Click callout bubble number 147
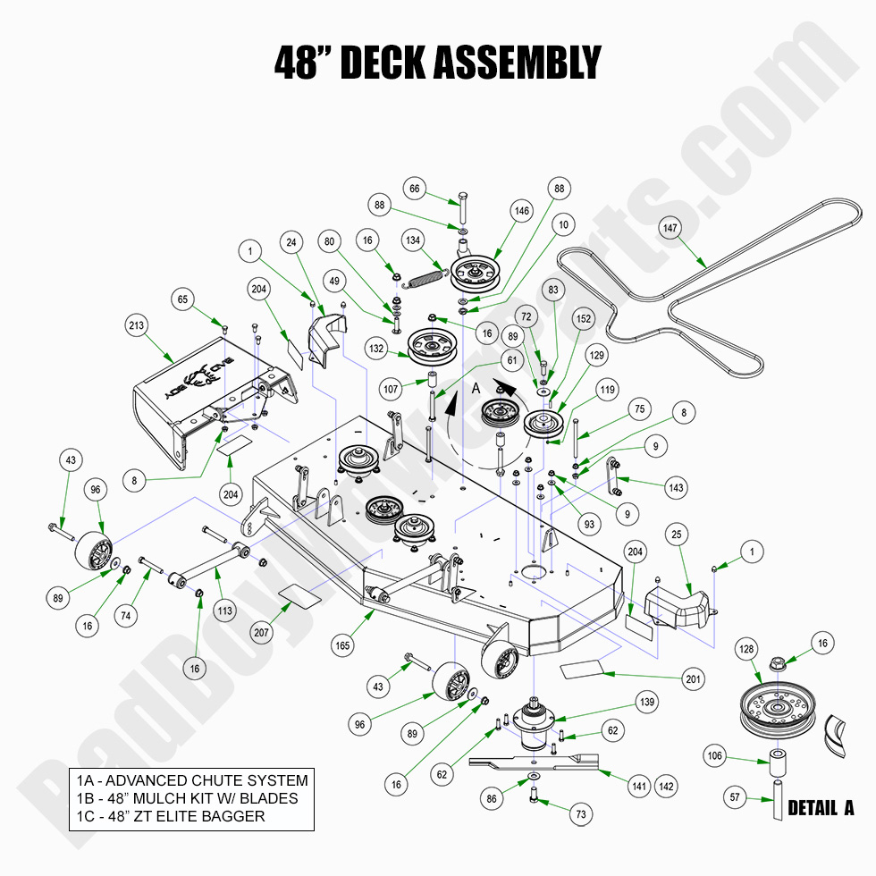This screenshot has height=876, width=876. tap(671, 228)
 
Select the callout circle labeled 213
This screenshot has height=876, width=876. tap(136, 326)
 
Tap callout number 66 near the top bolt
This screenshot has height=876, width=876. tap(414, 189)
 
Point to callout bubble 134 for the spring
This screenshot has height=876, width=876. tap(414, 240)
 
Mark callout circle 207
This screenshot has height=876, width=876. tap(260, 632)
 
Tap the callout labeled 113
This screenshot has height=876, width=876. tap(223, 611)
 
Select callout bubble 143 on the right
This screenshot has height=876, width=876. tap(676, 488)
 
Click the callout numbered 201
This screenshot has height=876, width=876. tap(694, 679)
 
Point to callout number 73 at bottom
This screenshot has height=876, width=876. tap(582, 814)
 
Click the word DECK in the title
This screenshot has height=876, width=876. tap(378, 63)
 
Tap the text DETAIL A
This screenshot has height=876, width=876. tap(821, 808)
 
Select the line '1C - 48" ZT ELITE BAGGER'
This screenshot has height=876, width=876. tap(170, 816)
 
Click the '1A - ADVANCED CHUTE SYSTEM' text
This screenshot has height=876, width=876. tap(191, 780)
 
